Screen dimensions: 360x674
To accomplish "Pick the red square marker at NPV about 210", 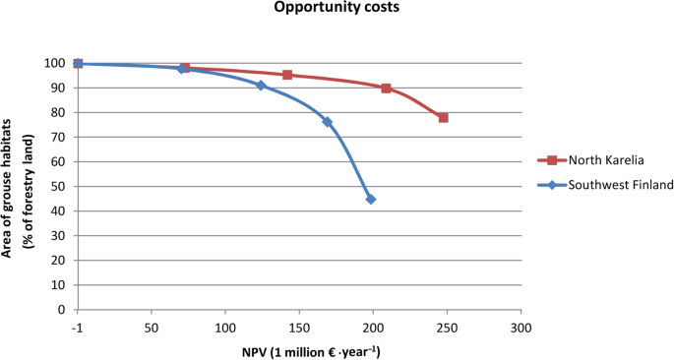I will coord(386,89).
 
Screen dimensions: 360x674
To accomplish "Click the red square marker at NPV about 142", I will coord(287,75).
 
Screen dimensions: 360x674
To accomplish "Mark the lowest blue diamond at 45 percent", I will coord(371,199).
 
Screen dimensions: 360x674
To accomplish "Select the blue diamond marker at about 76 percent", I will coord(327,122).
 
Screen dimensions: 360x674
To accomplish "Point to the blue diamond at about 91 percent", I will coord(261,86).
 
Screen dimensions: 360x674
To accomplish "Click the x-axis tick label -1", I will coord(78,328).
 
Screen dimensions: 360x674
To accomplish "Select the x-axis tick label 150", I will coord(299,328).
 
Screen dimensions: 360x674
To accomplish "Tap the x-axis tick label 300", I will coord(521,328).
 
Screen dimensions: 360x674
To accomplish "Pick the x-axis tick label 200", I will coord(373,328).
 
